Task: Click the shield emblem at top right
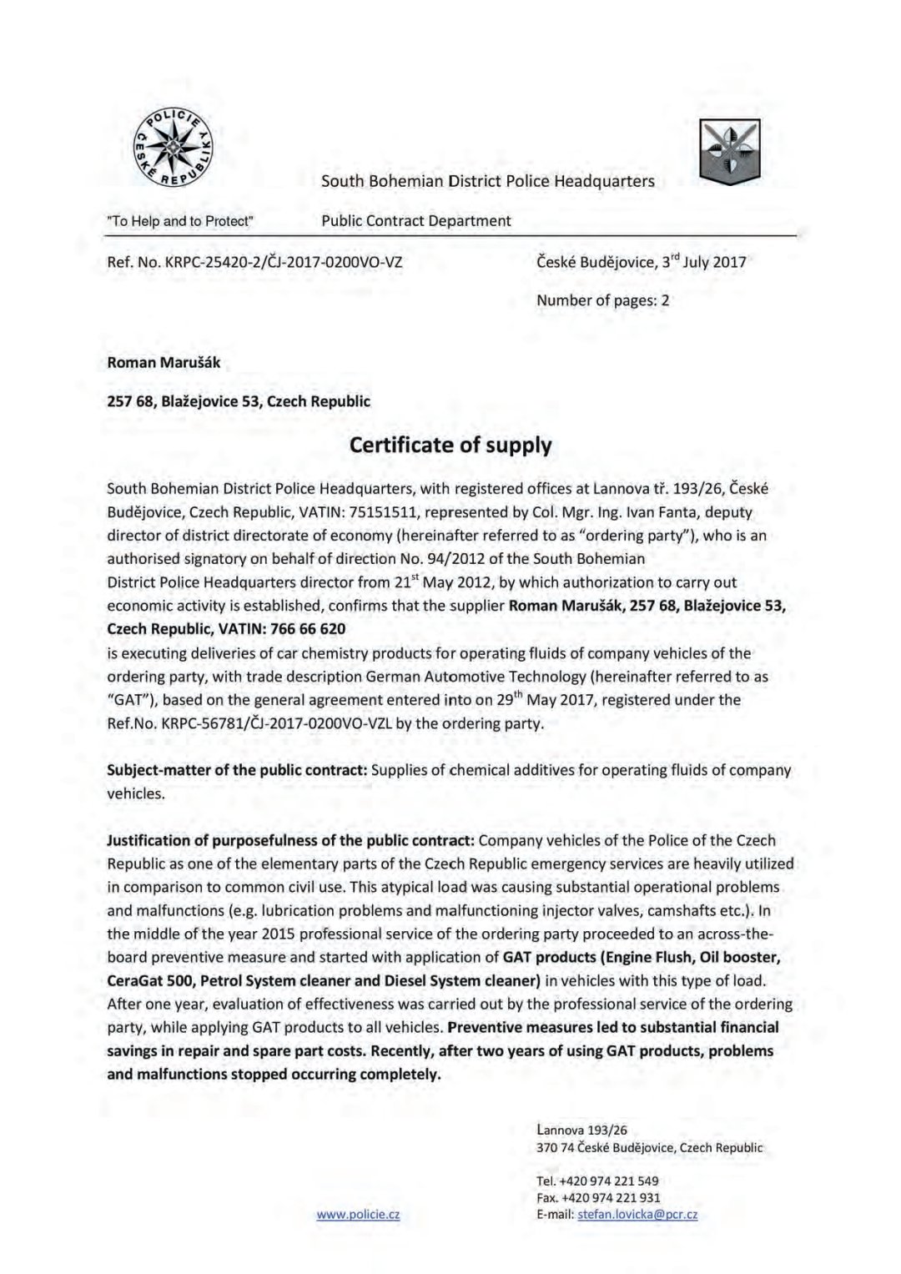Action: pos(730,151)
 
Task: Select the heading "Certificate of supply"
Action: pos(450,445)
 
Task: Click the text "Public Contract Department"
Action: pos(416,221)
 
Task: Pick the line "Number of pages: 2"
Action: pos(602,300)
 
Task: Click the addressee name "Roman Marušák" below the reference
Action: pos(164,362)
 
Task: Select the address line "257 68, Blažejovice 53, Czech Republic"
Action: pos(239,401)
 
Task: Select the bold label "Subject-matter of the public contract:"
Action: pos(237,770)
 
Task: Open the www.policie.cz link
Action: pos(358,1215)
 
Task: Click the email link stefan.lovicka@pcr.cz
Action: pos(637,1215)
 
